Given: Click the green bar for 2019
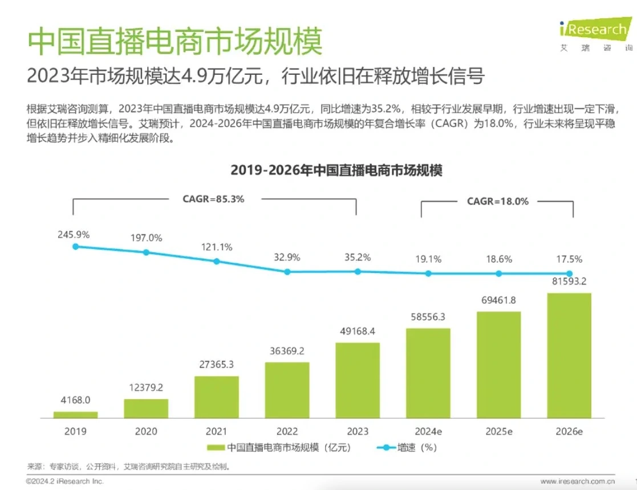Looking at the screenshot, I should [75, 415].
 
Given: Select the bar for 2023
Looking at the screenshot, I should [358, 380].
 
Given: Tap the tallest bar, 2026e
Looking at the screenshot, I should [569, 355].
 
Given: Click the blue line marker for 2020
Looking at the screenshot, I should [146, 252].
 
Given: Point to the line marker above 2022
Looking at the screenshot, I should [287, 272].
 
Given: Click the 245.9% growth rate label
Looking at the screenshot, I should [74, 234].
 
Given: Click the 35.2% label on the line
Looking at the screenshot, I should [358, 258].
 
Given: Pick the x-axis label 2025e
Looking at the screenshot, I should [498, 431].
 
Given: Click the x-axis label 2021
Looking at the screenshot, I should [217, 431].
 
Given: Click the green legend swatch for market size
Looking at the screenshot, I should [216, 448].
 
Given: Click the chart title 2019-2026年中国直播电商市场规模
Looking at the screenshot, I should [336, 170].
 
